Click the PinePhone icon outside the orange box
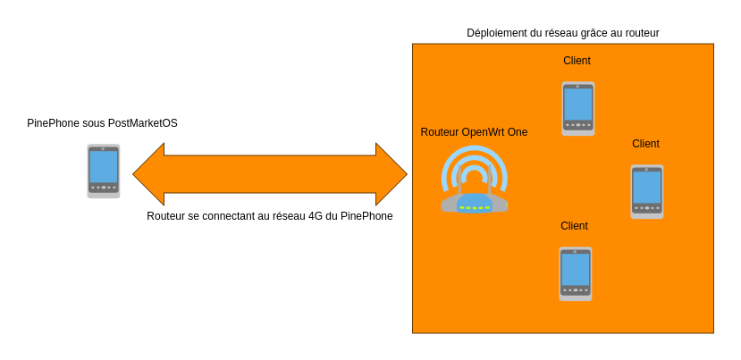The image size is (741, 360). click(x=104, y=171)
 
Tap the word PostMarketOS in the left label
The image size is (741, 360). click(x=143, y=123)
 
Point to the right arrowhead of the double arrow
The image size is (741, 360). click(x=391, y=174)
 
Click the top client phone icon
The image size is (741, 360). click(x=578, y=108)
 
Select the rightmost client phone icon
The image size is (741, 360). click(x=647, y=191)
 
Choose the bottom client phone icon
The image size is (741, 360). click(x=576, y=273)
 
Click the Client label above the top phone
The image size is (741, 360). click(x=577, y=61)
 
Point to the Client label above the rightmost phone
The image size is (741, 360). click(x=645, y=144)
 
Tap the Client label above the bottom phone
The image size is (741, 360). click(x=574, y=226)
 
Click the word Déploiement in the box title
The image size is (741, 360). click(x=497, y=33)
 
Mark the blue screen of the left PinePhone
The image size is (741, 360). click(x=104, y=166)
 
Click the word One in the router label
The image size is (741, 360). click(x=517, y=132)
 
